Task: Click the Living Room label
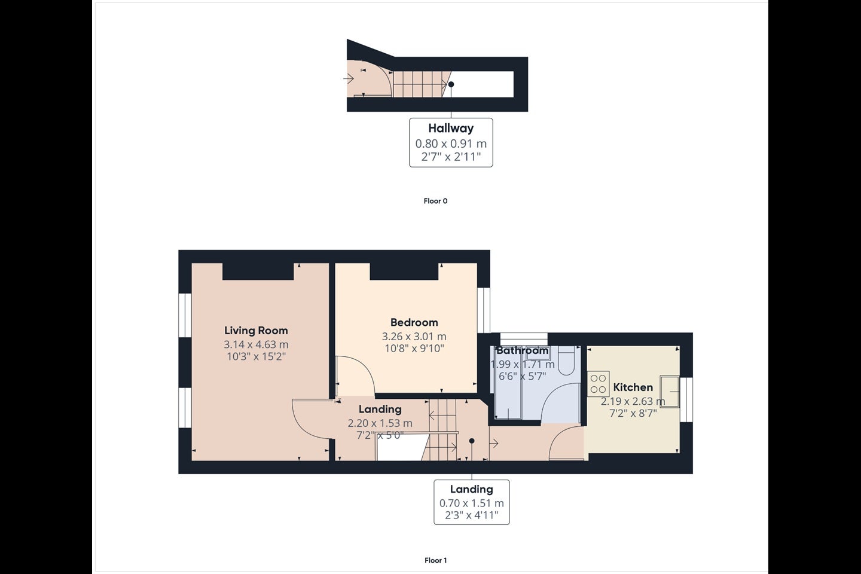click(x=256, y=330)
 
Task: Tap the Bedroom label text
click(x=414, y=322)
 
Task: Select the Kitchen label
click(x=633, y=387)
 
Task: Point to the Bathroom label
click(x=523, y=350)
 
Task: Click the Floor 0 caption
click(x=435, y=201)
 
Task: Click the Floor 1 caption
click(x=435, y=560)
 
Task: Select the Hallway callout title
click(x=451, y=128)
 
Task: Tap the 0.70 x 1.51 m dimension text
click(x=472, y=503)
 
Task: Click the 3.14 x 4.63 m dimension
click(x=256, y=344)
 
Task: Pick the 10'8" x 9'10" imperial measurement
click(x=414, y=349)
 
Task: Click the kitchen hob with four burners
click(x=598, y=384)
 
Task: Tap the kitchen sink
click(x=670, y=392)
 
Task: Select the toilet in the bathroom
click(x=566, y=361)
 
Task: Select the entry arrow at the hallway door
click(x=348, y=79)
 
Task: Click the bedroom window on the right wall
click(x=484, y=310)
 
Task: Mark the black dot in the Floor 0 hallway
click(x=451, y=84)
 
